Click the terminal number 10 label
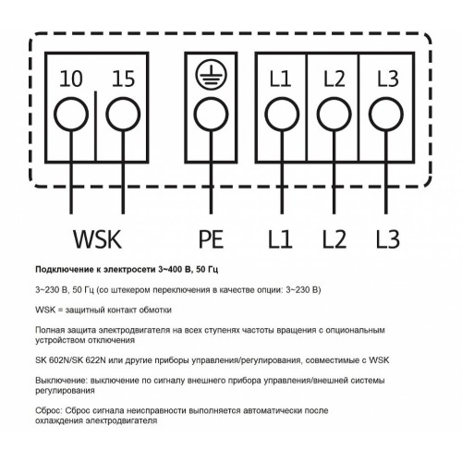click(71, 79)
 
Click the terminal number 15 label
click(123, 79)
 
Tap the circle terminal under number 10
click(71, 115)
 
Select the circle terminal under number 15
click(123, 115)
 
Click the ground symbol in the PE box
click(212, 74)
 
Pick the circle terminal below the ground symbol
click(212, 115)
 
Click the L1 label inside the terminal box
click(280, 79)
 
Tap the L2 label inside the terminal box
click(334, 79)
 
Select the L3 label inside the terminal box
click(388, 79)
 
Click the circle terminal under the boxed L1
click(282, 115)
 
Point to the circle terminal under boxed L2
click(334, 115)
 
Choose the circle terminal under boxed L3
click(386, 115)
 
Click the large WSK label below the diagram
click(97, 239)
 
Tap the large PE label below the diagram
click(211, 239)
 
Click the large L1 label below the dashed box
click(280, 239)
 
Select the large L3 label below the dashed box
click(388, 239)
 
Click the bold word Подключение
click(64, 270)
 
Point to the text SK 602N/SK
click(59, 360)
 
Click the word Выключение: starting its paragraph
click(61, 381)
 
